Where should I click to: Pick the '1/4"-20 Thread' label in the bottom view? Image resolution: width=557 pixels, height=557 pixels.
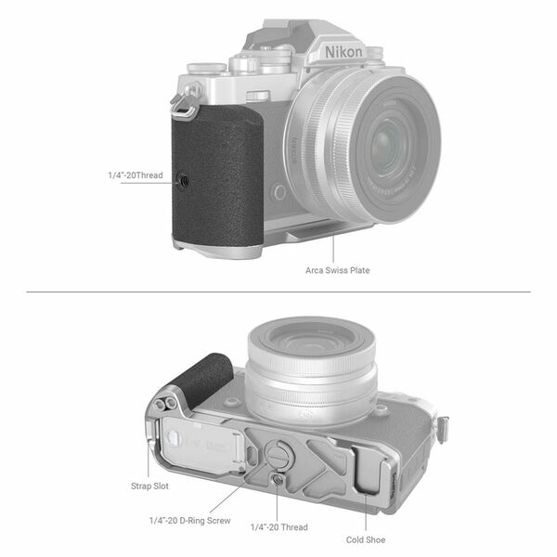coord(279,527)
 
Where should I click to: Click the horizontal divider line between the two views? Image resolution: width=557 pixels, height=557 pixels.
coord(278,293)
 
